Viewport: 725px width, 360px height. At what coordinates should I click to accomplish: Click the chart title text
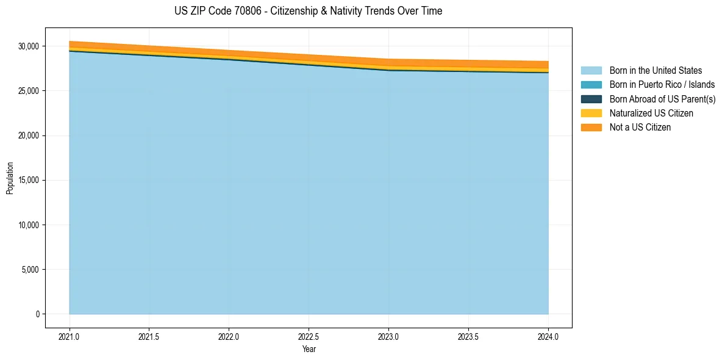[308, 11]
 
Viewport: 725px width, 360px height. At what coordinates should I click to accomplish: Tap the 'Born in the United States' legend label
[655, 71]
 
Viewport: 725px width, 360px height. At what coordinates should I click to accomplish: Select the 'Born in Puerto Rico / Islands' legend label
[662, 85]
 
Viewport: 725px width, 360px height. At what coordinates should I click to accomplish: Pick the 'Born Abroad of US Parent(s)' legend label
[662, 99]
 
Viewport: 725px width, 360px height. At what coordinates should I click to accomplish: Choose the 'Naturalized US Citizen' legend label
[651, 113]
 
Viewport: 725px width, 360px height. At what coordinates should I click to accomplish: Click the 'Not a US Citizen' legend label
[640, 128]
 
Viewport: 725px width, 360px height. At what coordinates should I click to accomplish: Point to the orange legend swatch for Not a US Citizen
[591, 128]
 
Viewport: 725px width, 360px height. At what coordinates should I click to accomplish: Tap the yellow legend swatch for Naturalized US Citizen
[591, 113]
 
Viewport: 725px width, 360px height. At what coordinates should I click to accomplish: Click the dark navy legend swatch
[591, 99]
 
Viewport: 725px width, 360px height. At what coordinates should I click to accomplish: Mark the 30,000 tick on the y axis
[28, 46]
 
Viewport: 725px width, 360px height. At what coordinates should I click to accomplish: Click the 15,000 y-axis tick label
[28, 180]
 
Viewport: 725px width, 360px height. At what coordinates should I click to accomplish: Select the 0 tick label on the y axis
[37, 314]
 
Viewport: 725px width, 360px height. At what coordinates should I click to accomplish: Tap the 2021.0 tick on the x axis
[70, 337]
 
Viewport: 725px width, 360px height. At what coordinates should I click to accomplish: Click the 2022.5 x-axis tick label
[309, 337]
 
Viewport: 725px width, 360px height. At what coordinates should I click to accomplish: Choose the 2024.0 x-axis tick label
[548, 337]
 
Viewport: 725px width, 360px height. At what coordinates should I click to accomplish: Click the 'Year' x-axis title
[309, 350]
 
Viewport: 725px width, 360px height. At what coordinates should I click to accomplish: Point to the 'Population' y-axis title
[10, 178]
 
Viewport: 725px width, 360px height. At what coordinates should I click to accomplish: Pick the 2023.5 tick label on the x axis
[468, 337]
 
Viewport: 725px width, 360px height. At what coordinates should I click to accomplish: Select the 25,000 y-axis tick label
[28, 91]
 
